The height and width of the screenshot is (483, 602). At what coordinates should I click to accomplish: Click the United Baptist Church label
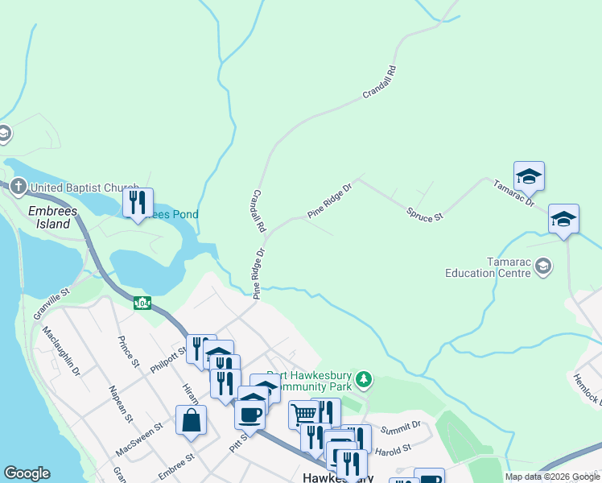pyautogui.click(x=85, y=188)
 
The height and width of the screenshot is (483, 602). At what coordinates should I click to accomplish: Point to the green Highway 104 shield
pyautogui.click(x=142, y=303)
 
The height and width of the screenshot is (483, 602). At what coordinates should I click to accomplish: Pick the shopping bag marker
pyautogui.click(x=191, y=420)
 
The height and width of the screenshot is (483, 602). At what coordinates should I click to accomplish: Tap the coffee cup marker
pyautogui.click(x=249, y=414)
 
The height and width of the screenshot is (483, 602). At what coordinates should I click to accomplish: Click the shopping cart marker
pyautogui.click(x=303, y=414)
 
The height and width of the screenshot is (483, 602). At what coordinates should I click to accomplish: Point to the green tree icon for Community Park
pyautogui.click(x=365, y=378)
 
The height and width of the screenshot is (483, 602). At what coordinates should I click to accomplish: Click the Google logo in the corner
pyautogui.click(x=27, y=473)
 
